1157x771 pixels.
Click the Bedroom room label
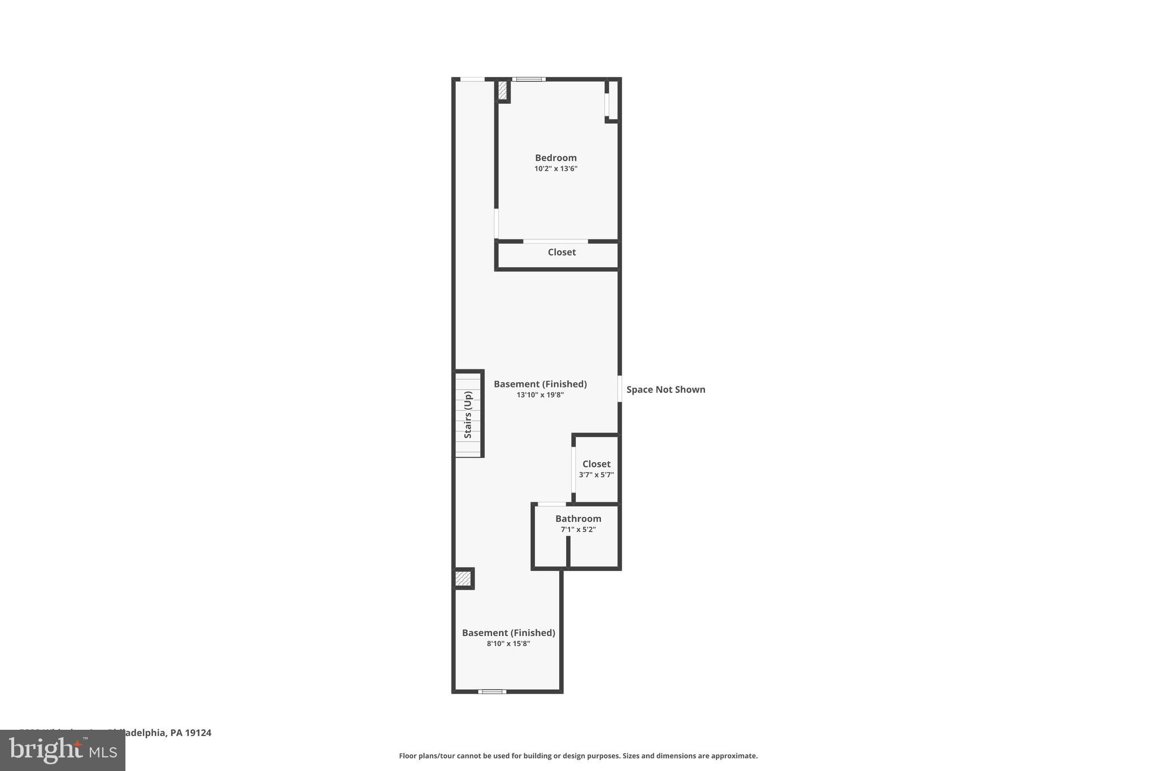coord(556,158)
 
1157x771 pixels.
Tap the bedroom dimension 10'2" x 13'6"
coord(556,169)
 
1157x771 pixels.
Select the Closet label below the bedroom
coord(562,252)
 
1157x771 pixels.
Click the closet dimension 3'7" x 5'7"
coord(596,475)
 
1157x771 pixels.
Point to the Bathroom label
coord(578,519)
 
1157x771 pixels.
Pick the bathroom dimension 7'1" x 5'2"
coord(578,530)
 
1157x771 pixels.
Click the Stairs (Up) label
coord(468,415)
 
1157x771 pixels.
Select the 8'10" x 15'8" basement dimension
coord(508,644)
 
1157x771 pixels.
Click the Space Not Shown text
coord(666,390)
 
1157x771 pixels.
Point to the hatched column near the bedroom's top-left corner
coord(502,91)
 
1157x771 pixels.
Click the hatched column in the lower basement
coord(463,578)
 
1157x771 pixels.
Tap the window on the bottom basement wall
coord(492,691)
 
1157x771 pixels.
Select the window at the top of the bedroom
coord(529,79)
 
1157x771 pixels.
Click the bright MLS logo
coord(63,750)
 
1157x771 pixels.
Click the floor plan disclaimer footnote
coord(578,756)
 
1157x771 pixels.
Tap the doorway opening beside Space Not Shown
coord(620,389)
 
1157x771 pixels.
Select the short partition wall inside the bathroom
coord(568,551)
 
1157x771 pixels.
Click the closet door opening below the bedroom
coord(555,242)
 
